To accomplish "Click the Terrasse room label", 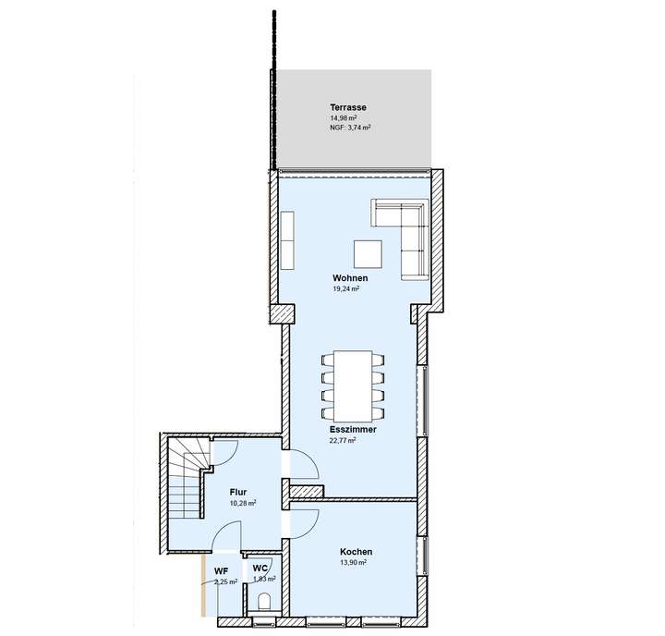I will [348, 107].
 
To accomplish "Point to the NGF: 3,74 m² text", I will [350, 128].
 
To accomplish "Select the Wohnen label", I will [350, 278].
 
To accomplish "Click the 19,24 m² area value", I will [345, 288].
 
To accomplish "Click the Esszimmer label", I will [352, 430].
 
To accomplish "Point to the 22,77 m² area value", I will [343, 441].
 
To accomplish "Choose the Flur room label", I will [238, 493].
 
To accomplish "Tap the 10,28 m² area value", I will [243, 504].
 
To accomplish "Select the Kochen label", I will [356, 552].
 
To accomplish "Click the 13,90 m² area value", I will [353, 562].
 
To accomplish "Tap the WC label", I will [260, 568].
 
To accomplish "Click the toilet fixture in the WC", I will [265, 603].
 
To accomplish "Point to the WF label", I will [222, 571].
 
